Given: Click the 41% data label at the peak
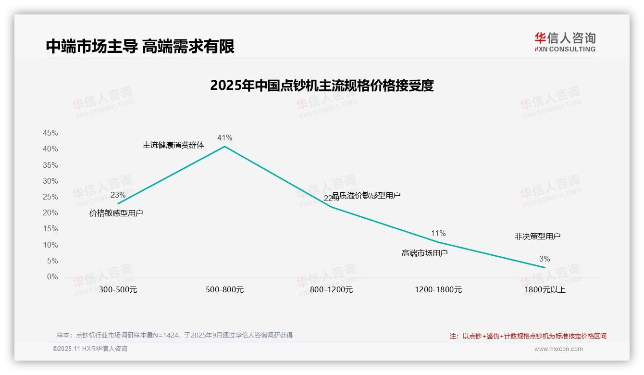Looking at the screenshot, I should pyautogui.click(x=224, y=138).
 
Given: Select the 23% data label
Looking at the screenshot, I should pyautogui.click(x=118, y=195).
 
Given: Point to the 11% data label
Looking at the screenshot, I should pyautogui.click(x=438, y=234).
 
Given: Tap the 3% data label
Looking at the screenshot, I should pyautogui.click(x=545, y=259).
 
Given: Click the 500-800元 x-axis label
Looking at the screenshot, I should pyautogui.click(x=225, y=290).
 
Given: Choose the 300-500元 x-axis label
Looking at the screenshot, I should pyautogui.click(x=118, y=290).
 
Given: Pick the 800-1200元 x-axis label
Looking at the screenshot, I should pyautogui.click(x=332, y=290).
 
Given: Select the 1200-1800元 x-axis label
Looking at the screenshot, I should pyautogui.click(x=438, y=290).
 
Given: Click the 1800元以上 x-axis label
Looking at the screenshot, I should pyautogui.click(x=545, y=290).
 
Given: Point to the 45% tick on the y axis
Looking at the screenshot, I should pyautogui.click(x=50, y=133).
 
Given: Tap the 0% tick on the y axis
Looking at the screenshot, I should pyautogui.click(x=52, y=277).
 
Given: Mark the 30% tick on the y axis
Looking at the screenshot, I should pyautogui.click(x=50, y=181).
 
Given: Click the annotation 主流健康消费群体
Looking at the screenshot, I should pyautogui.click(x=173, y=145).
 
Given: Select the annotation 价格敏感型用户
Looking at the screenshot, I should pyautogui.click(x=116, y=213).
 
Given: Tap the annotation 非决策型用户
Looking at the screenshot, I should pyautogui.click(x=537, y=237).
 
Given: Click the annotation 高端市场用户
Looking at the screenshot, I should pyautogui.click(x=424, y=253).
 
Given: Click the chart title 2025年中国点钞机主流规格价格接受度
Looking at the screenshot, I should pyautogui.click(x=322, y=86).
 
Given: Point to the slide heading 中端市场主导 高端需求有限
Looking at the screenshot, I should pyautogui.click(x=140, y=47).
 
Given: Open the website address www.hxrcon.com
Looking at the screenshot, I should pyautogui.click(x=558, y=349).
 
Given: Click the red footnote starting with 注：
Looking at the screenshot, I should pyautogui.click(x=528, y=336).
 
